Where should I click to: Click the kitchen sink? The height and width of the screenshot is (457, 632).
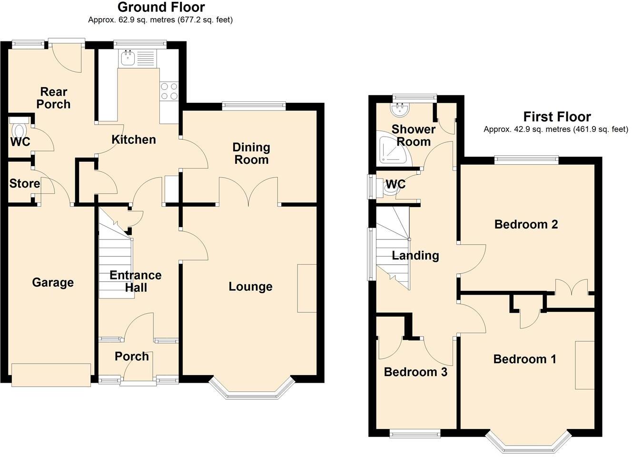128,59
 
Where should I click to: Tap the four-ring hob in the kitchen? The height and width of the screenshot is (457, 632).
169,91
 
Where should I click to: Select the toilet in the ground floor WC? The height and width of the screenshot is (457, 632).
20,130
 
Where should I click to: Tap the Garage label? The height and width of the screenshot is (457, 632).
53,283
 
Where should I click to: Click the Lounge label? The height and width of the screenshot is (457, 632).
250,287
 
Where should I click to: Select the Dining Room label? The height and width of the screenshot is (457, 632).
251,154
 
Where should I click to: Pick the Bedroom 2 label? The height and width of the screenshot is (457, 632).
526,224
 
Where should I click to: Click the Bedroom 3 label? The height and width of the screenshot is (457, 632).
415,372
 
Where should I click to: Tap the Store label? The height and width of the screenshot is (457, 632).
24,183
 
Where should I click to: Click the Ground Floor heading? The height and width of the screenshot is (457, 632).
161,7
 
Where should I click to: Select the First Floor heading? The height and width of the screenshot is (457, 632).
557,117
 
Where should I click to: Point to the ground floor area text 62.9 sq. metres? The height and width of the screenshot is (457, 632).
160,20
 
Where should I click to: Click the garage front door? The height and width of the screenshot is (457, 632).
51,375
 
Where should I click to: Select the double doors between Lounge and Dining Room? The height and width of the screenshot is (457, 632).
248,192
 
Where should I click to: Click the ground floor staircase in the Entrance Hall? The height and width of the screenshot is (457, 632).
115,267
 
